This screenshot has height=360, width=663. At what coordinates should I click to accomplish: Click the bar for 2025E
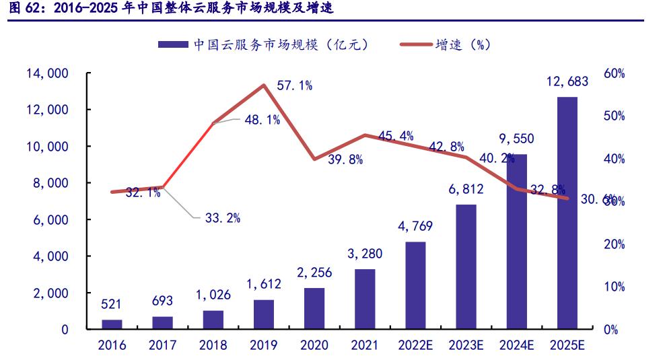click(x=567, y=213)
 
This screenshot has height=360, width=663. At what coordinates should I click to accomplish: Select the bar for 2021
click(x=365, y=299)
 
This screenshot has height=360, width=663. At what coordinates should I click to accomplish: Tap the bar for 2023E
click(x=466, y=267)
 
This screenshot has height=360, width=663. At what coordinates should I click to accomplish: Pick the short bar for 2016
click(x=112, y=325)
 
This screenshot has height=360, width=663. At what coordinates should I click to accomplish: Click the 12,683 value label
click(x=567, y=82)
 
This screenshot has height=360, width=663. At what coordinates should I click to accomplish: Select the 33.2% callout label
click(x=223, y=217)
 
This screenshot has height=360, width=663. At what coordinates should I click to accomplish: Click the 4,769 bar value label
click(x=415, y=226)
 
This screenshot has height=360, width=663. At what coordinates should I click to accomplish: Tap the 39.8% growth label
click(x=345, y=159)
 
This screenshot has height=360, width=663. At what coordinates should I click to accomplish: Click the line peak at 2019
click(x=264, y=85)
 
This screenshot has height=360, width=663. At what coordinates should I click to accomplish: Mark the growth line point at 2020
click(x=314, y=159)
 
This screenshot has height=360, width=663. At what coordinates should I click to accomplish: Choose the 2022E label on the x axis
click(x=415, y=346)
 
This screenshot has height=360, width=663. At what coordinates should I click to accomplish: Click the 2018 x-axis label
click(x=213, y=346)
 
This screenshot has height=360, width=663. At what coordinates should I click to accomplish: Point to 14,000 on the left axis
click(x=48, y=73)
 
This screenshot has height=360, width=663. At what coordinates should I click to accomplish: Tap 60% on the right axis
click(x=613, y=73)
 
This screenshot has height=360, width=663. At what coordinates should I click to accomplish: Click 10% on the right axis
click(x=613, y=287)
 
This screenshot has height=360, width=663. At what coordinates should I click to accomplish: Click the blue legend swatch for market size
click(x=173, y=45)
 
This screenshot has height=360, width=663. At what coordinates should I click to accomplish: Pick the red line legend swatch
click(x=416, y=45)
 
